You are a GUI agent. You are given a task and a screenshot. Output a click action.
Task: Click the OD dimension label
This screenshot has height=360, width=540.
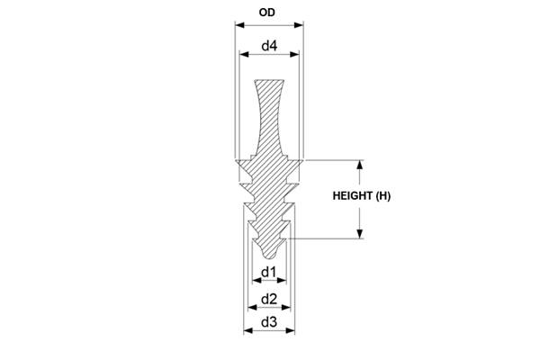(267, 13)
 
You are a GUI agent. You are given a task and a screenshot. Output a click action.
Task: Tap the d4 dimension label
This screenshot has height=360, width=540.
(269, 46)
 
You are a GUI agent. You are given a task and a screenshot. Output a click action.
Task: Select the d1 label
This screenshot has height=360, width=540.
(268, 272)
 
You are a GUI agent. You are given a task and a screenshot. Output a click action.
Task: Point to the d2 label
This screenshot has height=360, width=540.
(269, 299)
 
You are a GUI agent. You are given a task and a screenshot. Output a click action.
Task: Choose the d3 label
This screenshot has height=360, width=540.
(269, 322)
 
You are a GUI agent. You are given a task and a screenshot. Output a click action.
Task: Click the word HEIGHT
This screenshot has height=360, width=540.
(352, 195)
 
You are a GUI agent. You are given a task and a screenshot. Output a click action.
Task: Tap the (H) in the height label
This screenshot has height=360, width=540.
(383, 195)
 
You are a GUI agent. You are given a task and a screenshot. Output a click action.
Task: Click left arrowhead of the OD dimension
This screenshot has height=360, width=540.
(239, 25)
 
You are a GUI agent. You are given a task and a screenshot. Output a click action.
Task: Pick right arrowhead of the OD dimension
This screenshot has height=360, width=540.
(299, 25)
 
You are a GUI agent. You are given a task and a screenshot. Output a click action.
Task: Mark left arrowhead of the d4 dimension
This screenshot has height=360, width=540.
(244, 54)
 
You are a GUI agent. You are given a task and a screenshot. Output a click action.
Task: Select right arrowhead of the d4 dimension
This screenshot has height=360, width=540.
(295, 54)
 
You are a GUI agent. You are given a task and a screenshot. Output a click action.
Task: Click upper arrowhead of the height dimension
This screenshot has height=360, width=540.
(360, 165)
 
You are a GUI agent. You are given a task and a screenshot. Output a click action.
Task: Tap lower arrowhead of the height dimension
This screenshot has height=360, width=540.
(360, 234)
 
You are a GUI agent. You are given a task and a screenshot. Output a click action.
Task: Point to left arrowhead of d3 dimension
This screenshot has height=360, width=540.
(248, 330)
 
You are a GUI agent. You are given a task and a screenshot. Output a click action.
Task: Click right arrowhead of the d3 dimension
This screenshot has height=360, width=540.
(291, 330)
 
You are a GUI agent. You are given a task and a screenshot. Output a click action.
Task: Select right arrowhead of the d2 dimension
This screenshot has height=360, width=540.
(286, 307)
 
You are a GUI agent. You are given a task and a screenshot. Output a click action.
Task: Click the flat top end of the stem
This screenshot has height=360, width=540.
(269, 80)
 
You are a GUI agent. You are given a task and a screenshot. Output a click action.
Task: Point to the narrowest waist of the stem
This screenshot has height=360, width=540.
(269, 121)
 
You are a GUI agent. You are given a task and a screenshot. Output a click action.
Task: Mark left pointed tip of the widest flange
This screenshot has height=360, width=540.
(236, 160)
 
